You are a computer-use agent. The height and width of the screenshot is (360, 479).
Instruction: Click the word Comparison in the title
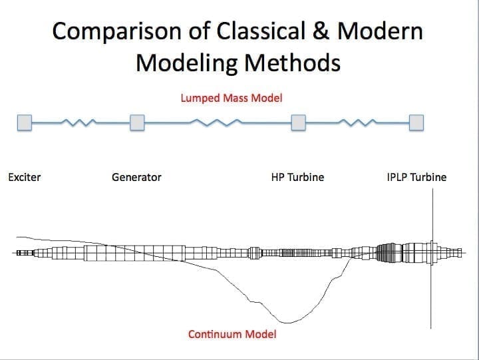pyautogui.click(x=117, y=31)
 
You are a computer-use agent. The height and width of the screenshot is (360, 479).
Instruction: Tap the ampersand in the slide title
pyautogui.click(x=321, y=31)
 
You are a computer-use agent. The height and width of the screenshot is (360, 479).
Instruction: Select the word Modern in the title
pyautogui.click(x=380, y=31)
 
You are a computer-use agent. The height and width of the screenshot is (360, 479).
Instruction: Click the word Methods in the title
pyautogui.click(x=292, y=63)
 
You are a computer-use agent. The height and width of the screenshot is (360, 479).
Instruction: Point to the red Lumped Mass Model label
pyautogui.click(x=232, y=98)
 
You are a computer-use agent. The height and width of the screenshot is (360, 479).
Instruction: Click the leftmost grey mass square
pyautogui.click(x=25, y=122)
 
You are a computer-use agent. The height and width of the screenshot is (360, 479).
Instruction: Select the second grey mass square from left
pyautogui.click(x=137, y=122)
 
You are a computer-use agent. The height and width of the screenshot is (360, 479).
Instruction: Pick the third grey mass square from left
pyautogui.click(x=299, y=122)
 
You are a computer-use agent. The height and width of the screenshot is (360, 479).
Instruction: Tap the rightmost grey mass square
pyautogui.click(x=416, y=122)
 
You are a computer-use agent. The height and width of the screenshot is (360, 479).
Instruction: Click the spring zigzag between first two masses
pyautogui.click(x=79, y=122)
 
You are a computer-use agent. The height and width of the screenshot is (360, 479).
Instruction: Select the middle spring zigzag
pyautogui.click(x=216, y=122)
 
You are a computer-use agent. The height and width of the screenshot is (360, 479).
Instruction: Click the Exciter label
pyautogui.click(x=25, y=177)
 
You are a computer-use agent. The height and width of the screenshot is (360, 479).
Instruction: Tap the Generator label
pyautogui.click(x=136, y=177)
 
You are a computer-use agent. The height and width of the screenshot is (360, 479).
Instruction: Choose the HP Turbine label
pyautogui.click(x=297, y=177)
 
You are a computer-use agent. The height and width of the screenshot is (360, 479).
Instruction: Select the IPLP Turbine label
pyautogui.click(x=416, y=177)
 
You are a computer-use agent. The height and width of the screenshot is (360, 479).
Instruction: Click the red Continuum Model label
pyautogui.click(x=232, y=334)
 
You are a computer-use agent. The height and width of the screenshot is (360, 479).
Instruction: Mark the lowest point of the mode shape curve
pyautogui.click(x=287, y=323)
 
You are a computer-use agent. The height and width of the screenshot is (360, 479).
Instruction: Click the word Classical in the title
pyautogui.click(x=261, y=31)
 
